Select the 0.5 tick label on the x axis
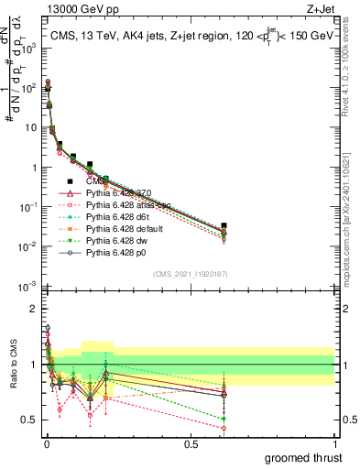tap(191, 444)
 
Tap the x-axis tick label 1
tap(335, 444)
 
